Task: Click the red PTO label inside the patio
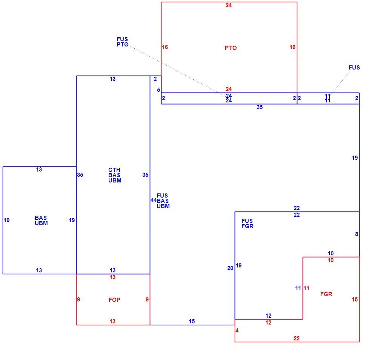click(231, 48)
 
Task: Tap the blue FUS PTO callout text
click(122, 42)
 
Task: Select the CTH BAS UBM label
click(115, 175)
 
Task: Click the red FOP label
click(114, 300)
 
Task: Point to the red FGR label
click(326, 294)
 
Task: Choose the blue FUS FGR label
click(248, 224)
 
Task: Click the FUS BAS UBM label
click(163, 201)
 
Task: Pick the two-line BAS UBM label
click(41, 221)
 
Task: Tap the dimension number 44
click(154, 200)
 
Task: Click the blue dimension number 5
click(158, 90)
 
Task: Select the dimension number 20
click(230, 268)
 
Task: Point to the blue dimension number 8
click(357, 234)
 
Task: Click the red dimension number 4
click(237, 331)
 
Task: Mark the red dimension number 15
click(355, 300)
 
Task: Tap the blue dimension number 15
click(192, 321)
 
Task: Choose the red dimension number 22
click(297, 338)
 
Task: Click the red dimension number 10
click(331, 260)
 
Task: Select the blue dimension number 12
click(268, 316)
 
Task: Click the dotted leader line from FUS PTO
click(177, 71)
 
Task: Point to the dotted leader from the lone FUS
click(341, 82)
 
